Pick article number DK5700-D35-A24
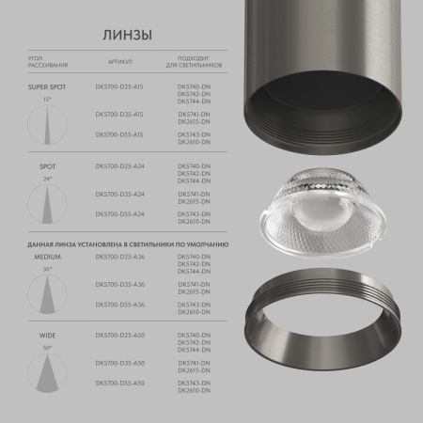pyautogui.click(x=119, y=194)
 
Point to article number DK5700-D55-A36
pyautogui.click(x=119, y=305)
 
